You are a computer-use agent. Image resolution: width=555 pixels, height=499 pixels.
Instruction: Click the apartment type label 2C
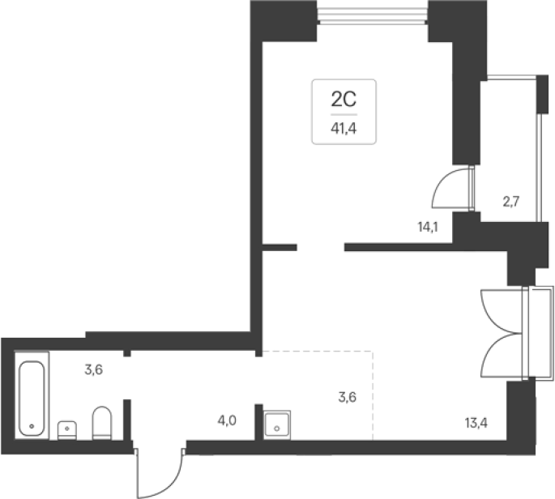click(x=344, y=99)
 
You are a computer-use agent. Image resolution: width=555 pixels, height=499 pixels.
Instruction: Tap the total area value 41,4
click(x=344, y=129)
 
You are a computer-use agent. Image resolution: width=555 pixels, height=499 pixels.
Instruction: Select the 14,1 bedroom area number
click(x=428, y=227)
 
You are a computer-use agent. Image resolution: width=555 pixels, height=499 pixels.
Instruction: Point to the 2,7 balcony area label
click(x=511, y=202)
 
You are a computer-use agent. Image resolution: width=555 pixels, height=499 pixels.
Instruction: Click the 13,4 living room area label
click(x=476, y=423)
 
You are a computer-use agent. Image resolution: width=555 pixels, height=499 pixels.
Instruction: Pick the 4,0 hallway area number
click(x=227, y=420)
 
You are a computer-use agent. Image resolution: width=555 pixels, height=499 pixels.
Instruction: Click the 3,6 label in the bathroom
click(x=94, y=370)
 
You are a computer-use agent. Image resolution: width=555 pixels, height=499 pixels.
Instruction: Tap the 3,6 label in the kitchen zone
click(x=348, y=397)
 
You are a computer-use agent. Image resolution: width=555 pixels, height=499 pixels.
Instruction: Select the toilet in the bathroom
click(x=102, y=423)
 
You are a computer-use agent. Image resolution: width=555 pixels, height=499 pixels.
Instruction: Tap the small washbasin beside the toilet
click(x=67, y=430)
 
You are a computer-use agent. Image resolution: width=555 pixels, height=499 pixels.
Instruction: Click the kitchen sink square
click(x=277, y=424)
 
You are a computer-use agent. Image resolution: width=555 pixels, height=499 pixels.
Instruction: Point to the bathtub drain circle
click(x=32, y=426)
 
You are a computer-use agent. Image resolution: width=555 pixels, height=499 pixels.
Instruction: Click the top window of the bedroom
click(x=373, y=16)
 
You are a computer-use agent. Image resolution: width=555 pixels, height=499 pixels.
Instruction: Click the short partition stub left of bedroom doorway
click(x=280, y=247)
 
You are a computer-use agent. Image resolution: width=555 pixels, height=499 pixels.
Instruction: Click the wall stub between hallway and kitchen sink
click(x=258, y=422)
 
